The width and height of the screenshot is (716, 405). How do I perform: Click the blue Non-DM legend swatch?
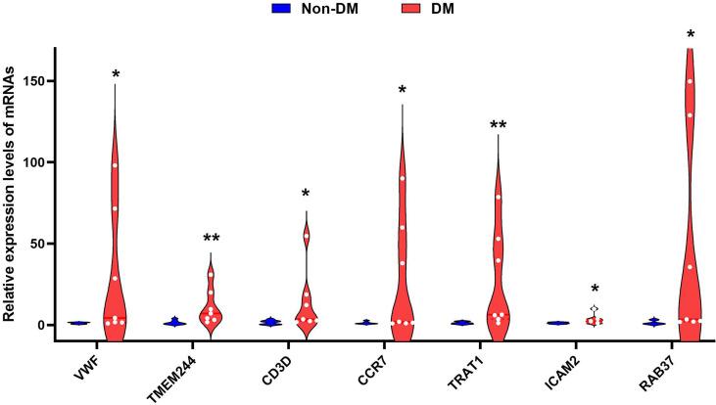coord(282,10)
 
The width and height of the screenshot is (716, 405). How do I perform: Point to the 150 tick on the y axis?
coord(37,81)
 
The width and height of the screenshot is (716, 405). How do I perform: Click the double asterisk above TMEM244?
coord(212,240)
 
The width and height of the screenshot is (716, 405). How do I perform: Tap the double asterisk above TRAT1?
coord(499,126)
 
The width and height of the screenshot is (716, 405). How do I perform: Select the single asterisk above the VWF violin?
coord(116,75)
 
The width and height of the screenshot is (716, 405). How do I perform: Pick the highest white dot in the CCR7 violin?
coord(403,178)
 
